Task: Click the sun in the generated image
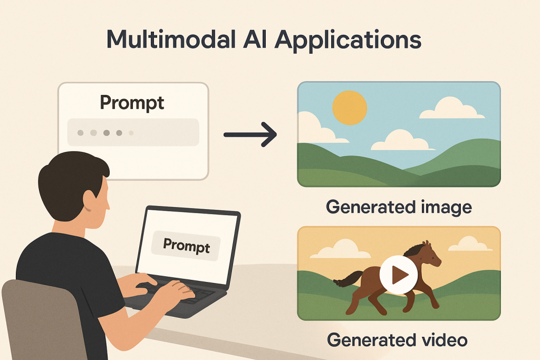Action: pos(349,108)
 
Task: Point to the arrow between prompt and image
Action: pos(250,135)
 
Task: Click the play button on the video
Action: pos(399,274)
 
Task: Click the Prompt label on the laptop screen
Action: pos(186,245)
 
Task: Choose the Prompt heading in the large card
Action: pos(132,102)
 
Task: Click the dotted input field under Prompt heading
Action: pos(133,132)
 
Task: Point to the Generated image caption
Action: pos(399,207)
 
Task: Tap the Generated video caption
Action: pos(398,340)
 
